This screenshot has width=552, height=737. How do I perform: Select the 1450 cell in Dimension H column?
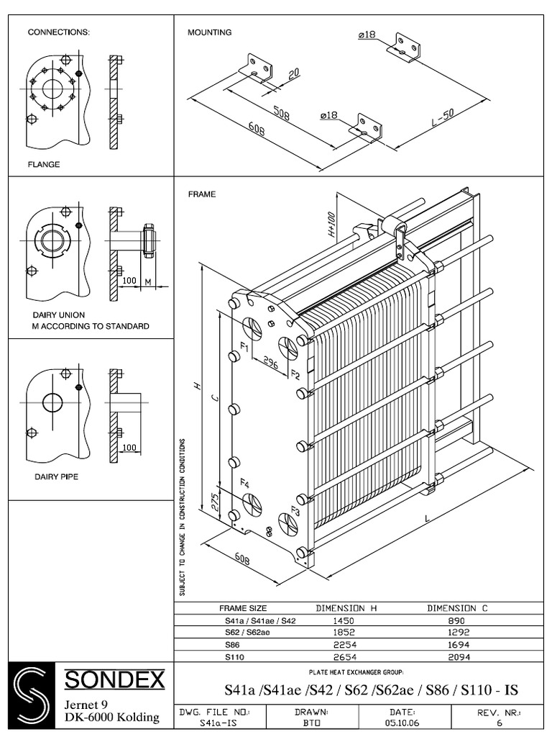(x=346, y=620)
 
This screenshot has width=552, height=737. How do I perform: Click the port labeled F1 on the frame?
(x=244, y=348)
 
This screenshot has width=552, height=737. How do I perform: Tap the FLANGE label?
(x=43, y=164)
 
